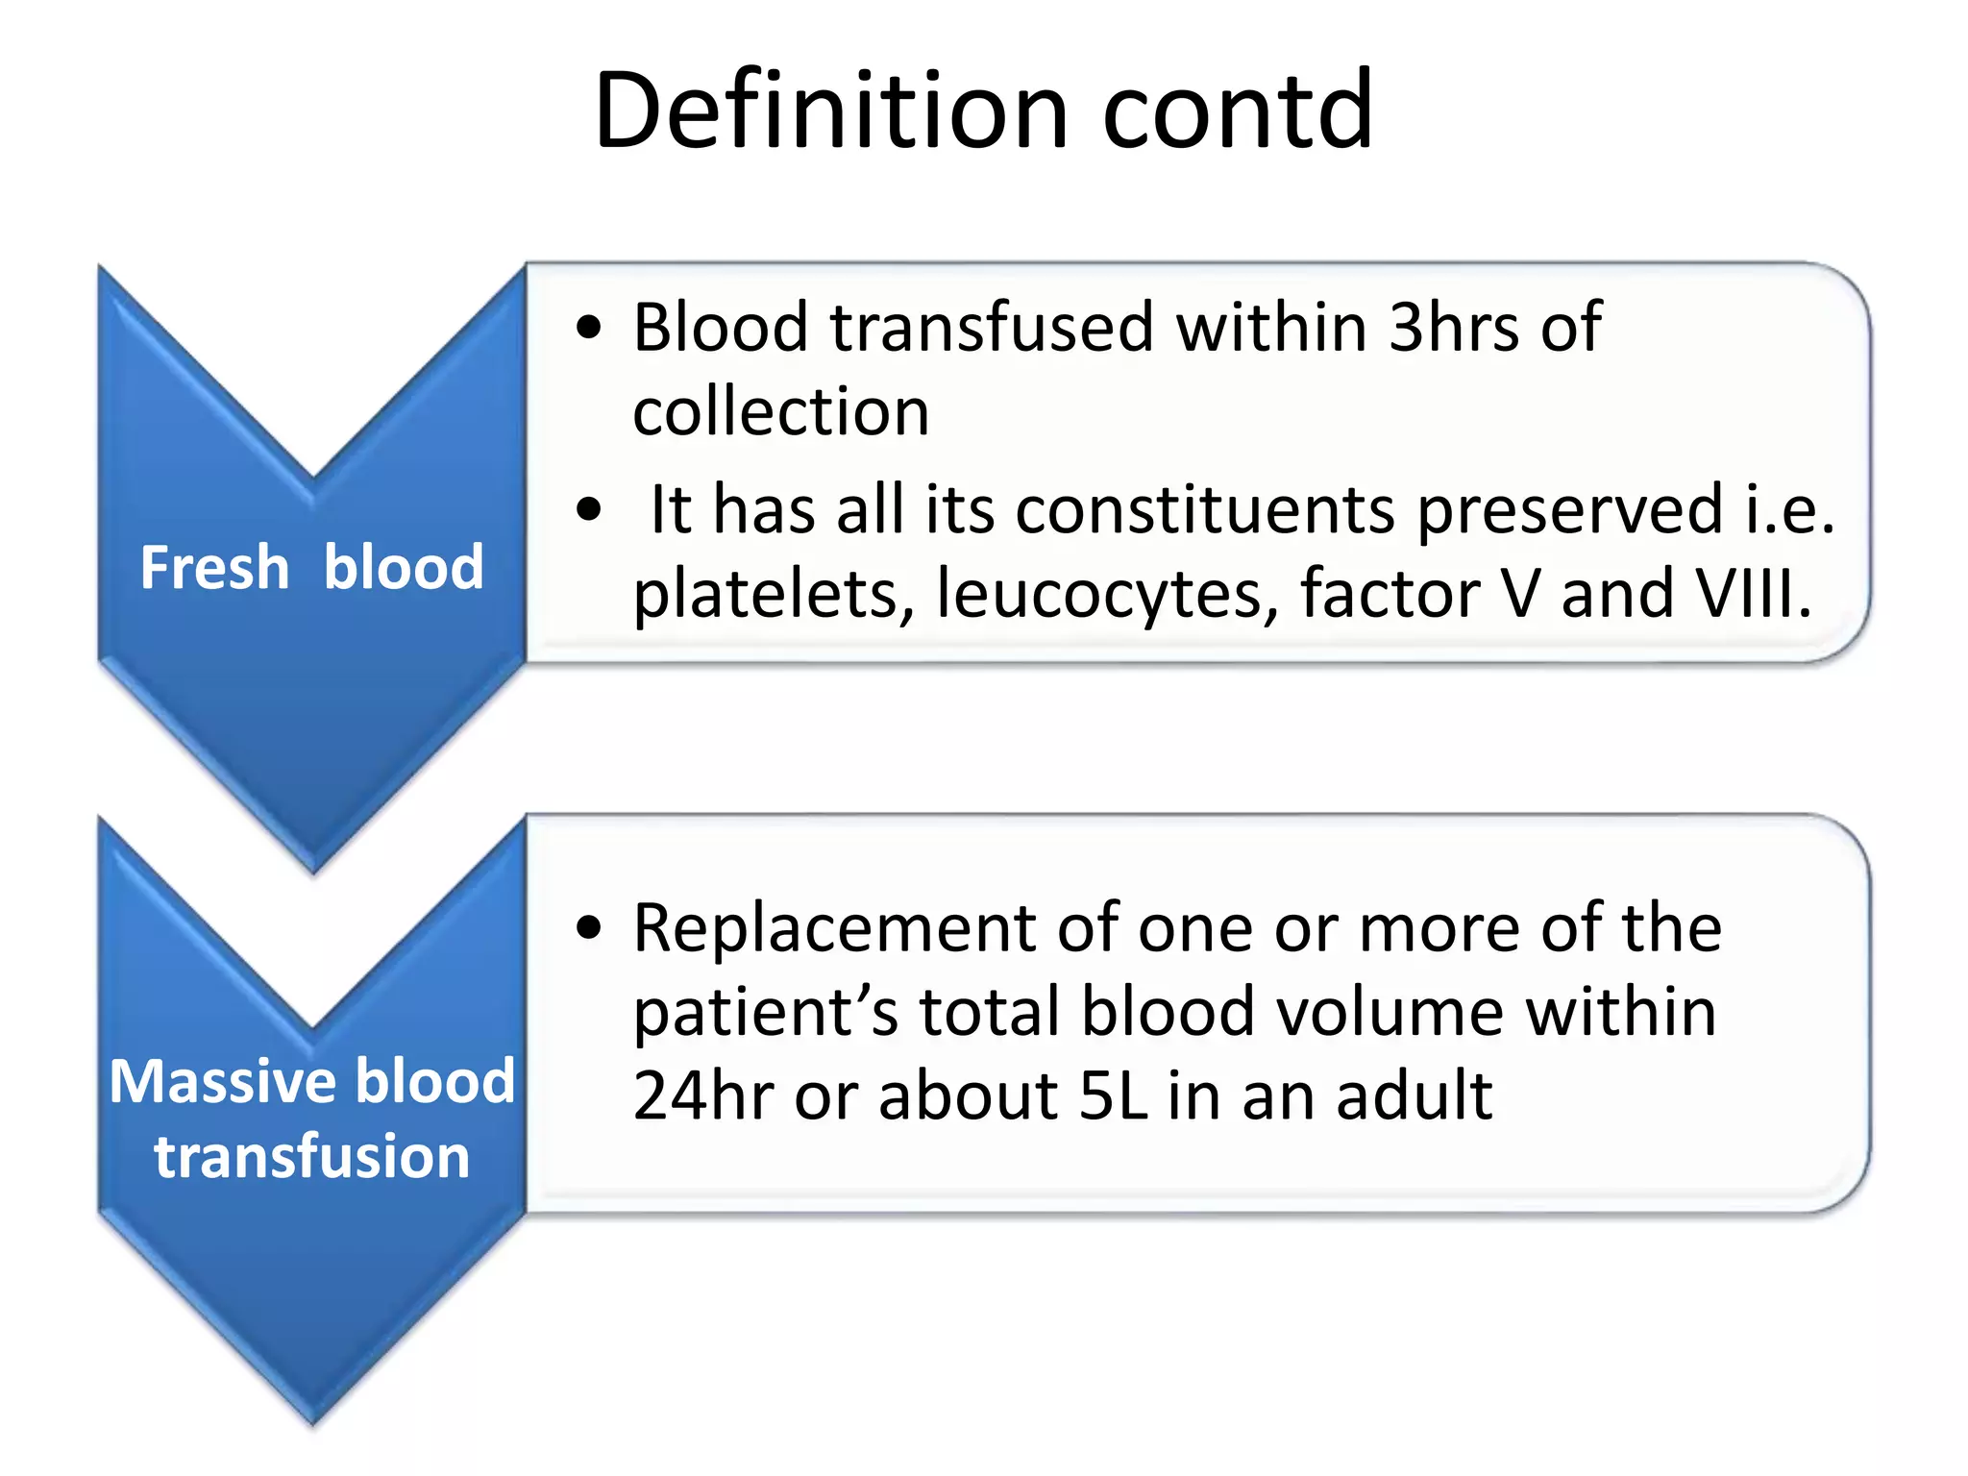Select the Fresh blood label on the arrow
click(x=311, y=567)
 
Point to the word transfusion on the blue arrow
click(x=311, y=1156)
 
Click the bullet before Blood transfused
click(x=588, y=328)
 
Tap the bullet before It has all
click(x=588, y=509)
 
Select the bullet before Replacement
click(x=588, y=927)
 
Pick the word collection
click(x=780, y=411)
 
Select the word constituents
click(x=1205, y=509)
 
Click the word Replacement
click(x=834, y=927)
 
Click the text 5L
click(x=1114, y=1095)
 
